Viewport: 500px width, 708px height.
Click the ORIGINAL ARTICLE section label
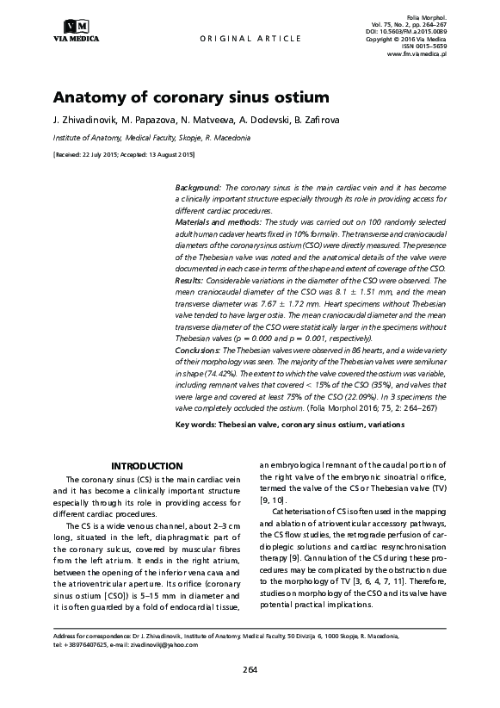click(250, 39)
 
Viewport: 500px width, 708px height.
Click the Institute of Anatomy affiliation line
click(151, 138)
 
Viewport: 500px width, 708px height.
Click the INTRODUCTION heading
click(147, 465)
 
